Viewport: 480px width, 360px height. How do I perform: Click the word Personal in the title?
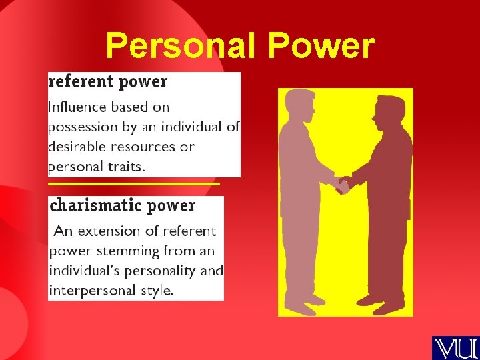(x=171, y=46)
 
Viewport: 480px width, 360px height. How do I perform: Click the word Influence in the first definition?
(x=77, y=107)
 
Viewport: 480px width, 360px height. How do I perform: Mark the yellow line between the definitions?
(x=133, y=183)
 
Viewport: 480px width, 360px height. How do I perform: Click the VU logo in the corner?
(x=455, y=348)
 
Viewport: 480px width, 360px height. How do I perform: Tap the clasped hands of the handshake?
(x=343, y=185)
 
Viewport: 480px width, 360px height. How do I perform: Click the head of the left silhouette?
(x=299, y=105)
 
